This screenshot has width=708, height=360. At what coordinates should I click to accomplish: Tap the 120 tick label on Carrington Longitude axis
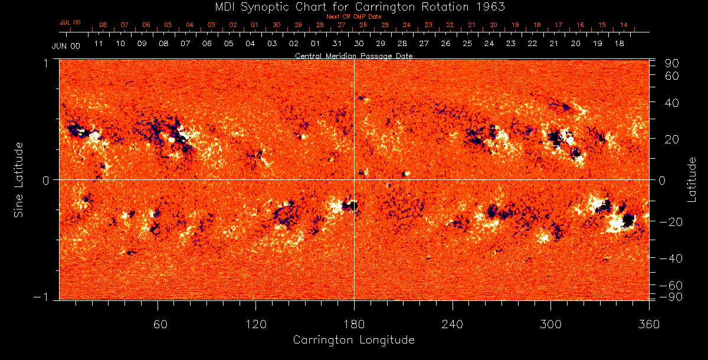click(255, 325)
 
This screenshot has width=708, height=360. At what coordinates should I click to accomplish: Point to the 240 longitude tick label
click(452, 325)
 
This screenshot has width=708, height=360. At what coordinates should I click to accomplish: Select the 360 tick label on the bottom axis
click(648, 325)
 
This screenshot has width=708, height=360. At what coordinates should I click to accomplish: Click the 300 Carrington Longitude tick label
click(550, 325)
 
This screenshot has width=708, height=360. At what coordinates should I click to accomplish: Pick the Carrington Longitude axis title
click(353, 341)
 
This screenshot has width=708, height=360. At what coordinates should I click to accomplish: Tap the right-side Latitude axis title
click(693, 179)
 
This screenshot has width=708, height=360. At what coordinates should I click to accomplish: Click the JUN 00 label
click(65, 46)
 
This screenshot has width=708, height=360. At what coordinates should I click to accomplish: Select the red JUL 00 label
click(70, 22)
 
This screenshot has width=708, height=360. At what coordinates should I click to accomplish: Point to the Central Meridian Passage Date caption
click(353, 56)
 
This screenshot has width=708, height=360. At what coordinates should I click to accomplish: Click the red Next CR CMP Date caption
click(353, 17)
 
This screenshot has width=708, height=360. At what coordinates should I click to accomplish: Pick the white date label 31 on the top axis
click(337, 44)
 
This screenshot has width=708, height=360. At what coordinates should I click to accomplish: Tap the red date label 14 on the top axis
click(624, 25)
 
